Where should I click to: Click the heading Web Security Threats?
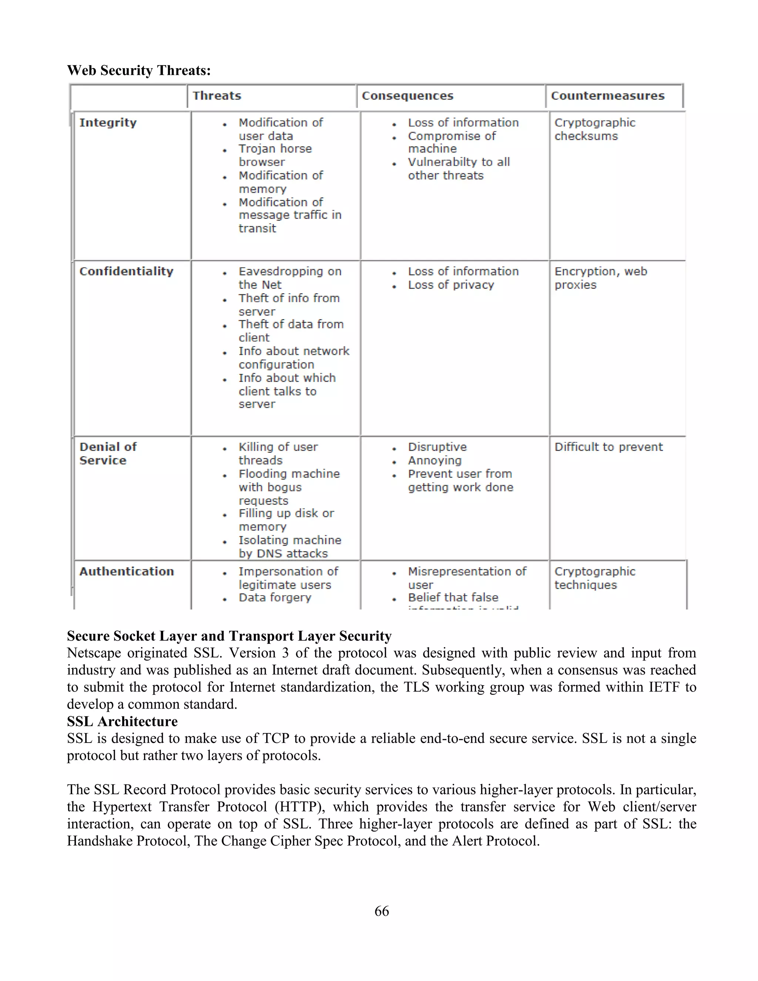pyautogui.click(x=139, y=70)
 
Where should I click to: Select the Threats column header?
pyautogui.click(x=217, y=96)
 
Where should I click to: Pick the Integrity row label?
pyautogui.click(x=108, y=123)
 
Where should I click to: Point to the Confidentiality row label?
pyautogui.click(x=126, y=271)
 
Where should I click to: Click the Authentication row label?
pyautogui.click(x=126, y=571)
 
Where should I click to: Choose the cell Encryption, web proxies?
pyautogui.click(x=600, y=278)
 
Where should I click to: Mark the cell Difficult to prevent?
pyautogui.click(x=608, y=447)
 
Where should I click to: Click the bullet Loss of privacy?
pyautogui.click(x=450, y=285)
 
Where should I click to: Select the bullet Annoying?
pyautogui.click(x=434, y=461)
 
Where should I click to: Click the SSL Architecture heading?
pyautogui.click(x=122, y=721)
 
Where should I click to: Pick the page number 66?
pyautogui.click(x=381, y=911)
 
